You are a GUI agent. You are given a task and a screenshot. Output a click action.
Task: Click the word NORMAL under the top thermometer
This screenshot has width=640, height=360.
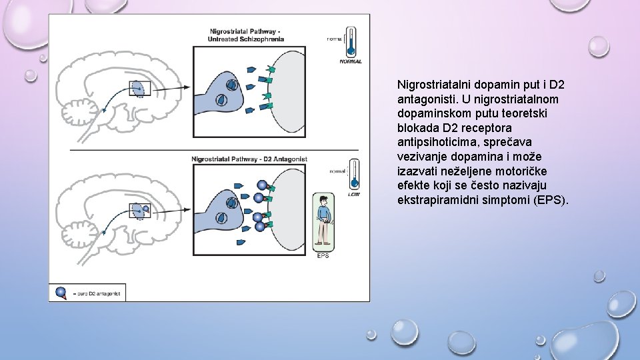[x=351, y=61]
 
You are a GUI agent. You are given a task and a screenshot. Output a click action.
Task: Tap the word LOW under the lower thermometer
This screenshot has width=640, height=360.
[x=354, y=195]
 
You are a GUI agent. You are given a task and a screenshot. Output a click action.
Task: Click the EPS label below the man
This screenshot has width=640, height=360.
[x=323, y=255]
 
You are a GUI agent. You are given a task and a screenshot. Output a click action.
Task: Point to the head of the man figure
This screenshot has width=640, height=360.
[x=323, y=201]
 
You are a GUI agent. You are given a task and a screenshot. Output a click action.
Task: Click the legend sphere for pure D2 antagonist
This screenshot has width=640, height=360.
[x=60, y=292]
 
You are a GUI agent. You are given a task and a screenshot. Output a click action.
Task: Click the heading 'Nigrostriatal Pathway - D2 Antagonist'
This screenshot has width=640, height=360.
[x=249, y=159]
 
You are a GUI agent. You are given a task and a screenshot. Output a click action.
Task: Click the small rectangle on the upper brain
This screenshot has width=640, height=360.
[x=139, y=88]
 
